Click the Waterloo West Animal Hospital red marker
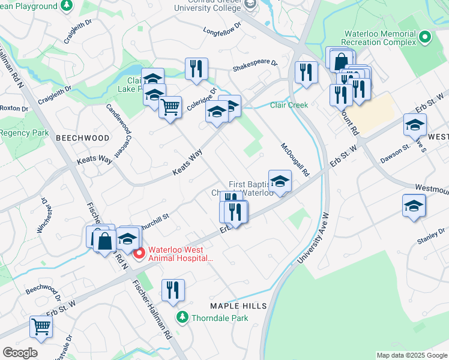point(139,254)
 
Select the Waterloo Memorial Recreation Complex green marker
point(426,37)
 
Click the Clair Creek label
point(289,105)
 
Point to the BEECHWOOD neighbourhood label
point(83,138)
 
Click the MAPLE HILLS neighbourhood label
point(238,306)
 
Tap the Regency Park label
point(25,133)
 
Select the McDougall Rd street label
point(295,160)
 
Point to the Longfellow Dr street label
point(222,28)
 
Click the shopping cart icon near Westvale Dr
point(41,327)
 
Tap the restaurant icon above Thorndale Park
point(172,290)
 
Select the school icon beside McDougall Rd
point(280,181)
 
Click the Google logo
point(20,353)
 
